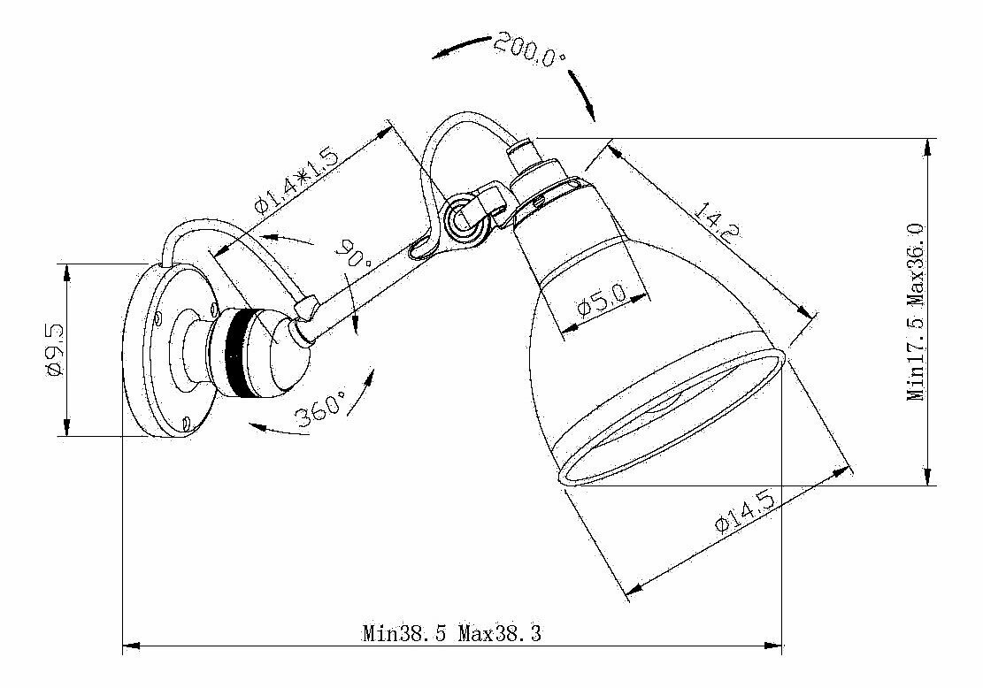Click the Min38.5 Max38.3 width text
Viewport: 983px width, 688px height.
451,633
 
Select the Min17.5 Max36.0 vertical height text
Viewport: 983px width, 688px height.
917,311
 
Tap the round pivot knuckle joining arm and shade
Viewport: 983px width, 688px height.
462,218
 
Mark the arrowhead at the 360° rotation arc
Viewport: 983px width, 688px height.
257,427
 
